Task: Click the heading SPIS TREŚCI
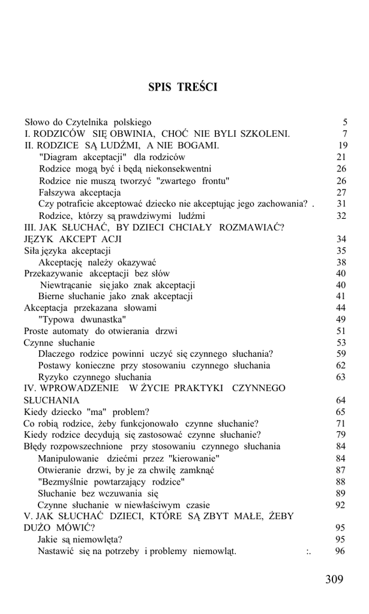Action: click(183, 88)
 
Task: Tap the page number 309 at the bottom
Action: click(334, 579)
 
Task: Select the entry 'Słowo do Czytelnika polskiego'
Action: click(88, 122)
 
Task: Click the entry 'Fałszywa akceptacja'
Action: click(80, 192)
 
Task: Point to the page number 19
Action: click(343, 146)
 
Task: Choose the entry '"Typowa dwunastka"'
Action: click(82, 319)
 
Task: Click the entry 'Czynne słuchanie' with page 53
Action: click(59, 342)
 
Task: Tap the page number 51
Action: click(341, 331)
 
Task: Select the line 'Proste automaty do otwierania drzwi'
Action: click(100, 331)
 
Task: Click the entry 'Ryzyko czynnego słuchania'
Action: click(95, 377)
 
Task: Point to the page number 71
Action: click(341, 423)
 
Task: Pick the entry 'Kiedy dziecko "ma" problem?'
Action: click(86, 412)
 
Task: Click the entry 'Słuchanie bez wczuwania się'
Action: click(98, 493)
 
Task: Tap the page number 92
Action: click(341, 505)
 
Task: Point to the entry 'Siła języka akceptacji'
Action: click(67, 251)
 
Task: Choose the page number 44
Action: click(341, 308)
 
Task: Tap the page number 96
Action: click(341, 551)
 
